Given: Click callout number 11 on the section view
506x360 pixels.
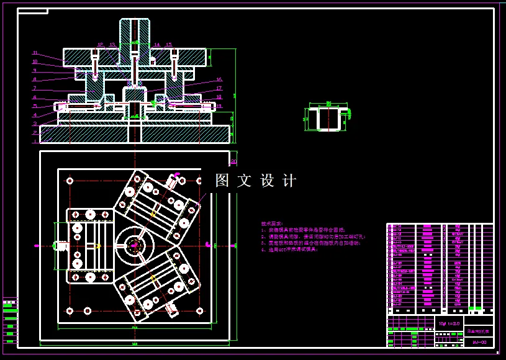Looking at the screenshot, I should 35,53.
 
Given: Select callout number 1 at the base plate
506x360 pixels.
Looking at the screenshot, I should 35,132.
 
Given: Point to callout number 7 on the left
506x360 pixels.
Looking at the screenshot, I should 35,88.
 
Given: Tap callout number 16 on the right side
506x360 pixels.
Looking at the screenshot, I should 219,80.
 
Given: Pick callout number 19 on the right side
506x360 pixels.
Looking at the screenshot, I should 219,106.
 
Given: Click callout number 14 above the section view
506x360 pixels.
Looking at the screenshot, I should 156,45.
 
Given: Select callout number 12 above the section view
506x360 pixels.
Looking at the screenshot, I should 101,45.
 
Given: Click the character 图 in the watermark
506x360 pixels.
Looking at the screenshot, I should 222,181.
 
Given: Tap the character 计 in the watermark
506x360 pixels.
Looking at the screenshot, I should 289,181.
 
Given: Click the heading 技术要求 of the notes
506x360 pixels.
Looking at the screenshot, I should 271,223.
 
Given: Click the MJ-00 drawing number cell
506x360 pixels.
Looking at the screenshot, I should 478,341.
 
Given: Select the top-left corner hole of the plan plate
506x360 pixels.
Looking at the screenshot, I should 70,181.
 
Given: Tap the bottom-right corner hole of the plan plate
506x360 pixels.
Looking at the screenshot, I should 200,310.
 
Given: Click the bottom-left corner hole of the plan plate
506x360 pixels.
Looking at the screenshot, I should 70,310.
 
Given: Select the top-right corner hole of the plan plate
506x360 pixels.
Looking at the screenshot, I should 200,181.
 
